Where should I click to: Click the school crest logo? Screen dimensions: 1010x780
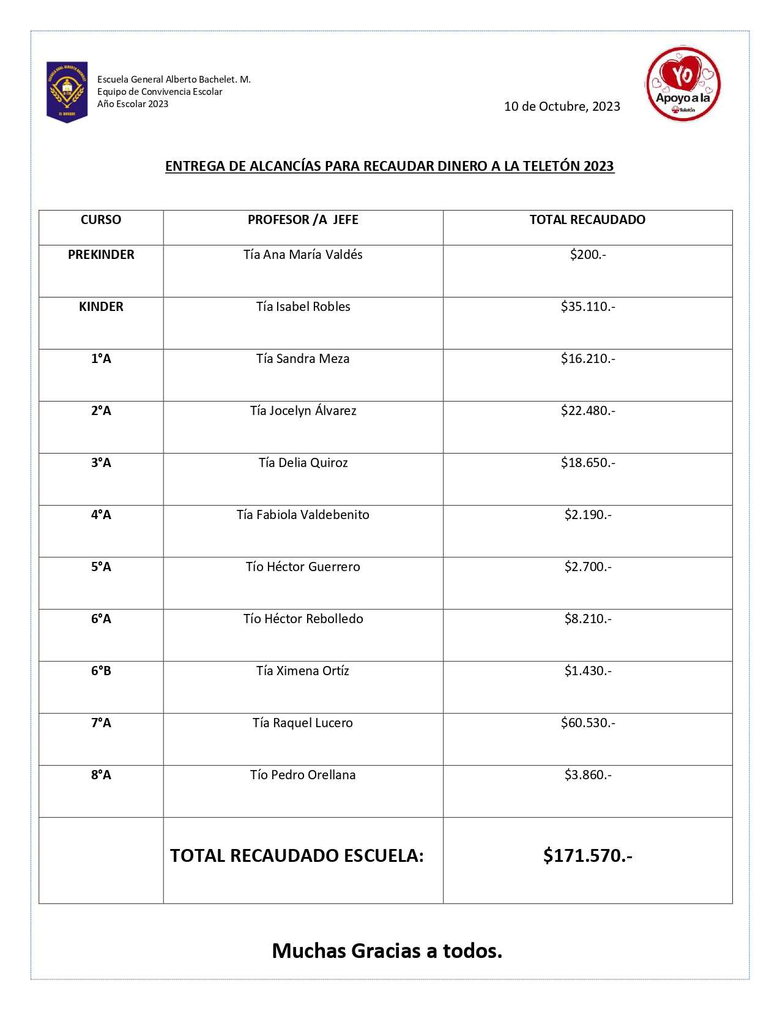[67, 92]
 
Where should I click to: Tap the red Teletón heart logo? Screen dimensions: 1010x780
[683, 84]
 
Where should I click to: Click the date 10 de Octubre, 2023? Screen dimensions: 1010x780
[562, 107]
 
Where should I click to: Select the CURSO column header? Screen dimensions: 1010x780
[101, 220]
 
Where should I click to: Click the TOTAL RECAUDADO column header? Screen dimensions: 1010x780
[587, 220]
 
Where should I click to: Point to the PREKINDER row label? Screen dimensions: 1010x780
[101, 255]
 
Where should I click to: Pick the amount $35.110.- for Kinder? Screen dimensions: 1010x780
[587, 307]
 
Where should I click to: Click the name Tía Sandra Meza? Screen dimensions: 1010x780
[303, 359]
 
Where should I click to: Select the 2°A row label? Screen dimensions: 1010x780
[101, 411]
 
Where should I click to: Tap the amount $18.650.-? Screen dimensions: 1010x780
[587, 463]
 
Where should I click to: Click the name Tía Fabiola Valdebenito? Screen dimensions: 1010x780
[303, 515]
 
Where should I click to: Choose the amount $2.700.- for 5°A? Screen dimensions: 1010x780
[587, 567]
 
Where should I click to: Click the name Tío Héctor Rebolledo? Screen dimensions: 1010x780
[303, 619]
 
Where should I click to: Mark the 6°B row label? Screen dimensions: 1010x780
[101, 671]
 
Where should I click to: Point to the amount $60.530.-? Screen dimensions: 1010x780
[587, 723]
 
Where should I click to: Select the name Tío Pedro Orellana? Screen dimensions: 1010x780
[303, 775]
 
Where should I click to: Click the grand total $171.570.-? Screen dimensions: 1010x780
[587, 855]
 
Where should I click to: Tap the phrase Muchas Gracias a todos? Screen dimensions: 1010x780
[387, 951]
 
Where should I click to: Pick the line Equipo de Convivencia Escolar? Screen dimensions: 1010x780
[160, 92]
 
